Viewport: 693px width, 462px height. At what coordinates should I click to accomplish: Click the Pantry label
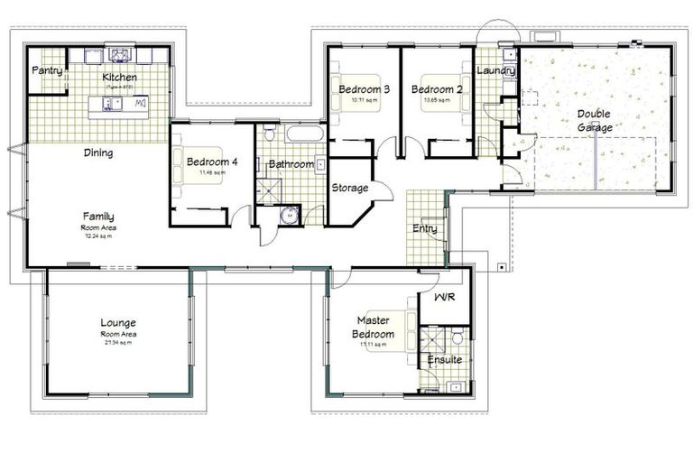pos(46,69)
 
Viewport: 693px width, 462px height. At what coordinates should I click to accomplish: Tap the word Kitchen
pos(119,78)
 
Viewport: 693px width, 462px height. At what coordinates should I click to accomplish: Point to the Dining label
pos(98,152)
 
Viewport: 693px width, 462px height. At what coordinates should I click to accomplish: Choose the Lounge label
pos(119,323)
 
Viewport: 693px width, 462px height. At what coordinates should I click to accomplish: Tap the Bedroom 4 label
pos(212,162)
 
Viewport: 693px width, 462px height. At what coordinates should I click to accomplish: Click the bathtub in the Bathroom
pos(304,134)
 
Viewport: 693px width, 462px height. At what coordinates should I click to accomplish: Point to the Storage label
pos(349,189)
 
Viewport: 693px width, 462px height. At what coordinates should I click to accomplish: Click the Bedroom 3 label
pos(364,89)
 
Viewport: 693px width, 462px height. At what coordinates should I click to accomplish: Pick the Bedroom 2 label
pos(436,89)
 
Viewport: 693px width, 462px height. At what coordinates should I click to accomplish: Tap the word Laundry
pos(495,70)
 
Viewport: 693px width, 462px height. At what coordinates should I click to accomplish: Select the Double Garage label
pos(595,121)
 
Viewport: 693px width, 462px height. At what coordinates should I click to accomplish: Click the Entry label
pos(424,229)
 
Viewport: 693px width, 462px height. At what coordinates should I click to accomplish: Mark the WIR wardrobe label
pos(444,296)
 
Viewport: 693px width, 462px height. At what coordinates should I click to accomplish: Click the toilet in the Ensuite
pos(457,337)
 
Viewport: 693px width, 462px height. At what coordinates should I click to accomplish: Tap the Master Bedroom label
pos(373,327)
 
